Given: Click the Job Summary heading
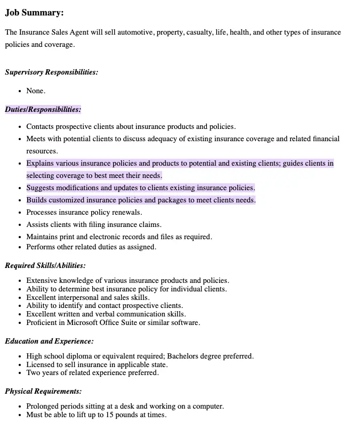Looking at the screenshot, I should point(34,13).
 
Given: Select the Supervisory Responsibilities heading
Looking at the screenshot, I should point(52,72).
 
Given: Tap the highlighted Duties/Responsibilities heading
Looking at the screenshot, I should point(43,110).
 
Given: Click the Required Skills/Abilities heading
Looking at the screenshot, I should point(45,265).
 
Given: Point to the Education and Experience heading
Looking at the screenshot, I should point(50,341).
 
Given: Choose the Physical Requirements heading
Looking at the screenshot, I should point(43,392).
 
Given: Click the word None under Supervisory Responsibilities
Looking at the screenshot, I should point(35,91).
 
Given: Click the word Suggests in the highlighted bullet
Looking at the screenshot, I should point(41,188).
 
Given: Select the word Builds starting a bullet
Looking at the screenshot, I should point(36,200).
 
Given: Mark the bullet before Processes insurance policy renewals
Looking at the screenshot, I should point(20,213).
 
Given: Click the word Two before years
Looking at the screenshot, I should point(33,373).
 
